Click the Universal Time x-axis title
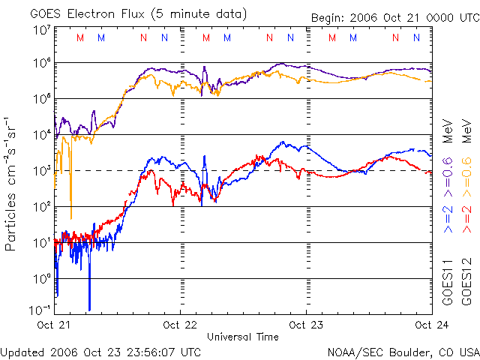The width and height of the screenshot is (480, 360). [243, 337]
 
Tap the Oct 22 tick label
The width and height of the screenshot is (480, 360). [180, 325]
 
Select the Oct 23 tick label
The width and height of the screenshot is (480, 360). [306, 325]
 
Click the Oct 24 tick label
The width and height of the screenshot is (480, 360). [430, 325]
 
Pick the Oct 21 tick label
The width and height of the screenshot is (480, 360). [55, 325]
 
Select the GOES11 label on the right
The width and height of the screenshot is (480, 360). [447, 286]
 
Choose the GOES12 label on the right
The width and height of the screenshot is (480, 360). [466, 286]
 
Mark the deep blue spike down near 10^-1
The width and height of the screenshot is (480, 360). [89, 304]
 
